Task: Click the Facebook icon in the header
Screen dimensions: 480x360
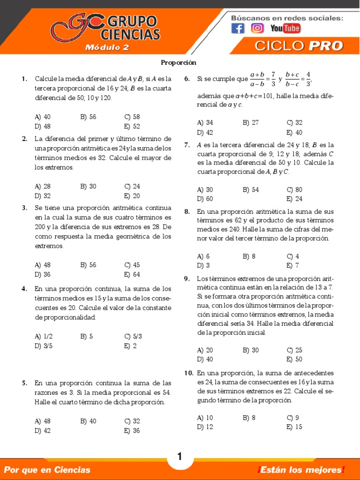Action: (238, 29)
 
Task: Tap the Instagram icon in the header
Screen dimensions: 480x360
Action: (257, 29)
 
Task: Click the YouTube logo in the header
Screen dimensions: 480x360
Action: (285, 29)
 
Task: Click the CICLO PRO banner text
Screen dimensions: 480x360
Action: (299, 46)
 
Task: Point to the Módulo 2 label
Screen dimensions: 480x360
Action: (107, 47)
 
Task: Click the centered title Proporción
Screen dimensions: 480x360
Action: (179, 62)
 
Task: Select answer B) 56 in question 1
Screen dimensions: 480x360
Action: (88, 117)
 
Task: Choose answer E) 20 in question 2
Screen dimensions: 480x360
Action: (132, 196)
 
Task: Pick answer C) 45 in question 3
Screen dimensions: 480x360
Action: (132, 265)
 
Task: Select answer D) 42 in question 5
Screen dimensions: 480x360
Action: (43, 431)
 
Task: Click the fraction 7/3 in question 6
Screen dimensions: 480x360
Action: (273, 79)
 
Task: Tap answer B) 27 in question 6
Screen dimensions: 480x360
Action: (251, 122)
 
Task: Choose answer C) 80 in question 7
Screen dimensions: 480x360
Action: (295, 189)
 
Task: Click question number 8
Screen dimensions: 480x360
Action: (187, 211)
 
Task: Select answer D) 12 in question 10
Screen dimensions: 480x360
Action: (205, 427)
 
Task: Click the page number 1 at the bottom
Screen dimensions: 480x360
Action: (180, 456)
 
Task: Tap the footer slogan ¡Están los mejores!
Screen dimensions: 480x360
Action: (300, 470)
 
